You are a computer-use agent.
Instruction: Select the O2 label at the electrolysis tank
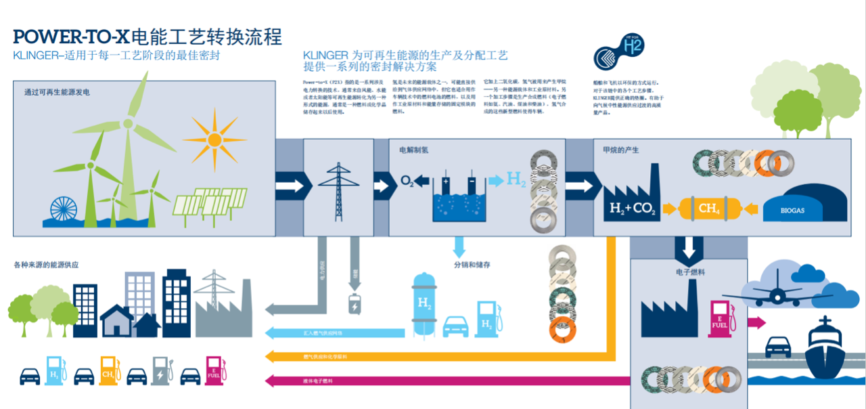406,181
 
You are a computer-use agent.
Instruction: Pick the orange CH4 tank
708,208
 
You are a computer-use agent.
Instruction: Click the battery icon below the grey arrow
354,305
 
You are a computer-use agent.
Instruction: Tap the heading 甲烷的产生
616,150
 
